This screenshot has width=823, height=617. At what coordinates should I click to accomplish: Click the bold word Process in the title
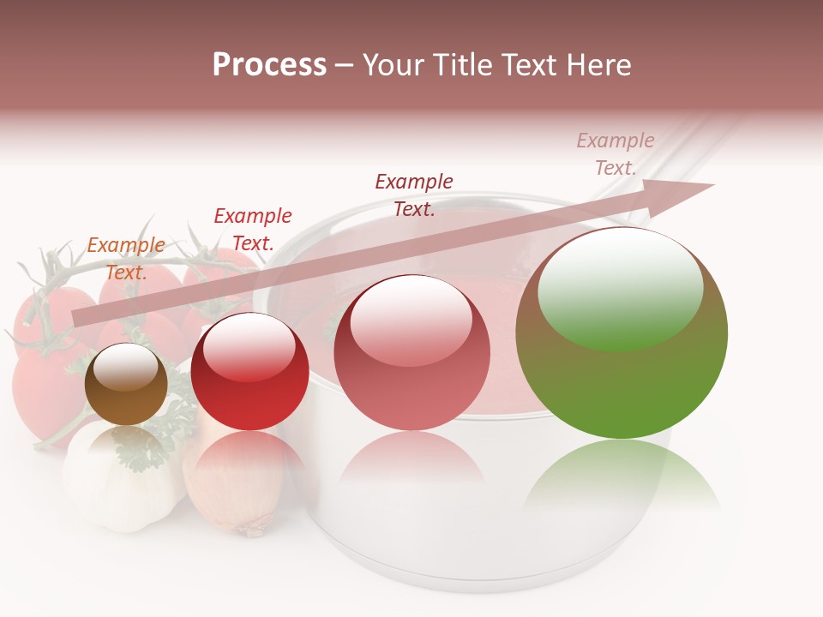[269, 64]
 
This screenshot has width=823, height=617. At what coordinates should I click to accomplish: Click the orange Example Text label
[126, 258]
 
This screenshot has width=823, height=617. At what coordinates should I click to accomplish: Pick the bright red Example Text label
[252, 229]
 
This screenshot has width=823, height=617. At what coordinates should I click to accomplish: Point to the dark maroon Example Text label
[414, 195]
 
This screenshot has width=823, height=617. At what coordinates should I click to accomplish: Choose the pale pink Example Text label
[616, 154]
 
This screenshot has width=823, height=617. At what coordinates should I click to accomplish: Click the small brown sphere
[126, 386]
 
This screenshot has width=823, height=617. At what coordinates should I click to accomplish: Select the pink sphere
[411, 353]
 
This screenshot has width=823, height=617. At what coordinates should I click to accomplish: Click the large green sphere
[622, 334]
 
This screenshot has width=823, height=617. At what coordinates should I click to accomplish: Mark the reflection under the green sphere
[622, 476]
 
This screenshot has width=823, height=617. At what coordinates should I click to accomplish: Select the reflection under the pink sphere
[411, 463]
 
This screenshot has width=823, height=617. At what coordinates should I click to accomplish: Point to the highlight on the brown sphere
[125, 370]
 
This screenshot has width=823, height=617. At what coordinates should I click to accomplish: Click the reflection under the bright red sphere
[249, 454]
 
